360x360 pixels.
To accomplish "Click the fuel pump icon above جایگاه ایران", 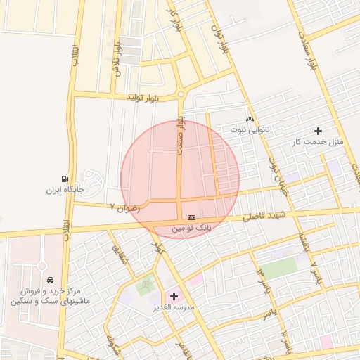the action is (x=65, y=179).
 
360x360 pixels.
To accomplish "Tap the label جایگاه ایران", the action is (x=65, y=190).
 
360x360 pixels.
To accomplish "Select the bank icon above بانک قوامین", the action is (x=191, y=218).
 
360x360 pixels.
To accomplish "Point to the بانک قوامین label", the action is (x=192, y=229).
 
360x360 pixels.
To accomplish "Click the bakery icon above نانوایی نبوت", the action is (x=250, y=120).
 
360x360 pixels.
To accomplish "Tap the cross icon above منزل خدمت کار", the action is (x=318, y=131).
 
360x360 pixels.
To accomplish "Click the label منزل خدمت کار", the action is (x=318, y=141).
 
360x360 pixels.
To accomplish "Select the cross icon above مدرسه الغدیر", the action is (x=174, y=297).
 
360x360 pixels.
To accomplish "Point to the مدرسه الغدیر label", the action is (x=174, y=307).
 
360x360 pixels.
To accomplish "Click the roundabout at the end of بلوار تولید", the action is (x=181, y=94).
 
